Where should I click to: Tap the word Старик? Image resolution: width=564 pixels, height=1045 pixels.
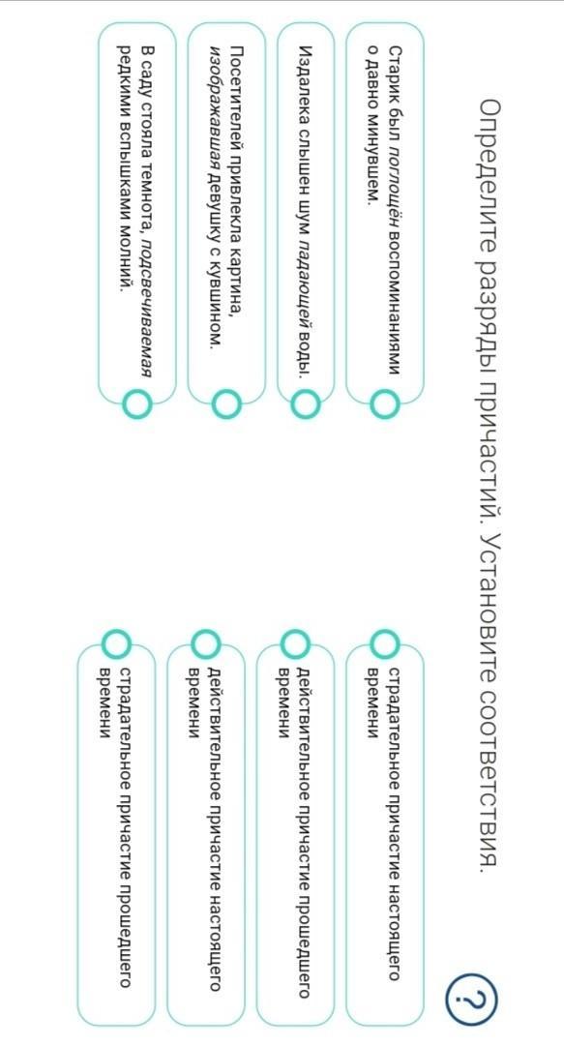pos(394,68)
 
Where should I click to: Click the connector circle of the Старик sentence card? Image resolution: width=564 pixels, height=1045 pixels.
pos(385,403)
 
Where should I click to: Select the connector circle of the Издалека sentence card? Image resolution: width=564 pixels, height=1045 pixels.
pos(306,403)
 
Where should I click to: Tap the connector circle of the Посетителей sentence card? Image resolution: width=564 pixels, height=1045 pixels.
pos(226,403)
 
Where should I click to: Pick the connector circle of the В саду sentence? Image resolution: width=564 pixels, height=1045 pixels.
pos(136,403)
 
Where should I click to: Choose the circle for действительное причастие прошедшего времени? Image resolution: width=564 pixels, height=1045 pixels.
pos(295,643)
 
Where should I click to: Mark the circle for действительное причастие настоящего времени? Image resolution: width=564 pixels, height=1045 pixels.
pos(206,643)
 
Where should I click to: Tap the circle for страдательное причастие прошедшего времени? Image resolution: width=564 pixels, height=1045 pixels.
pos(117,643)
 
